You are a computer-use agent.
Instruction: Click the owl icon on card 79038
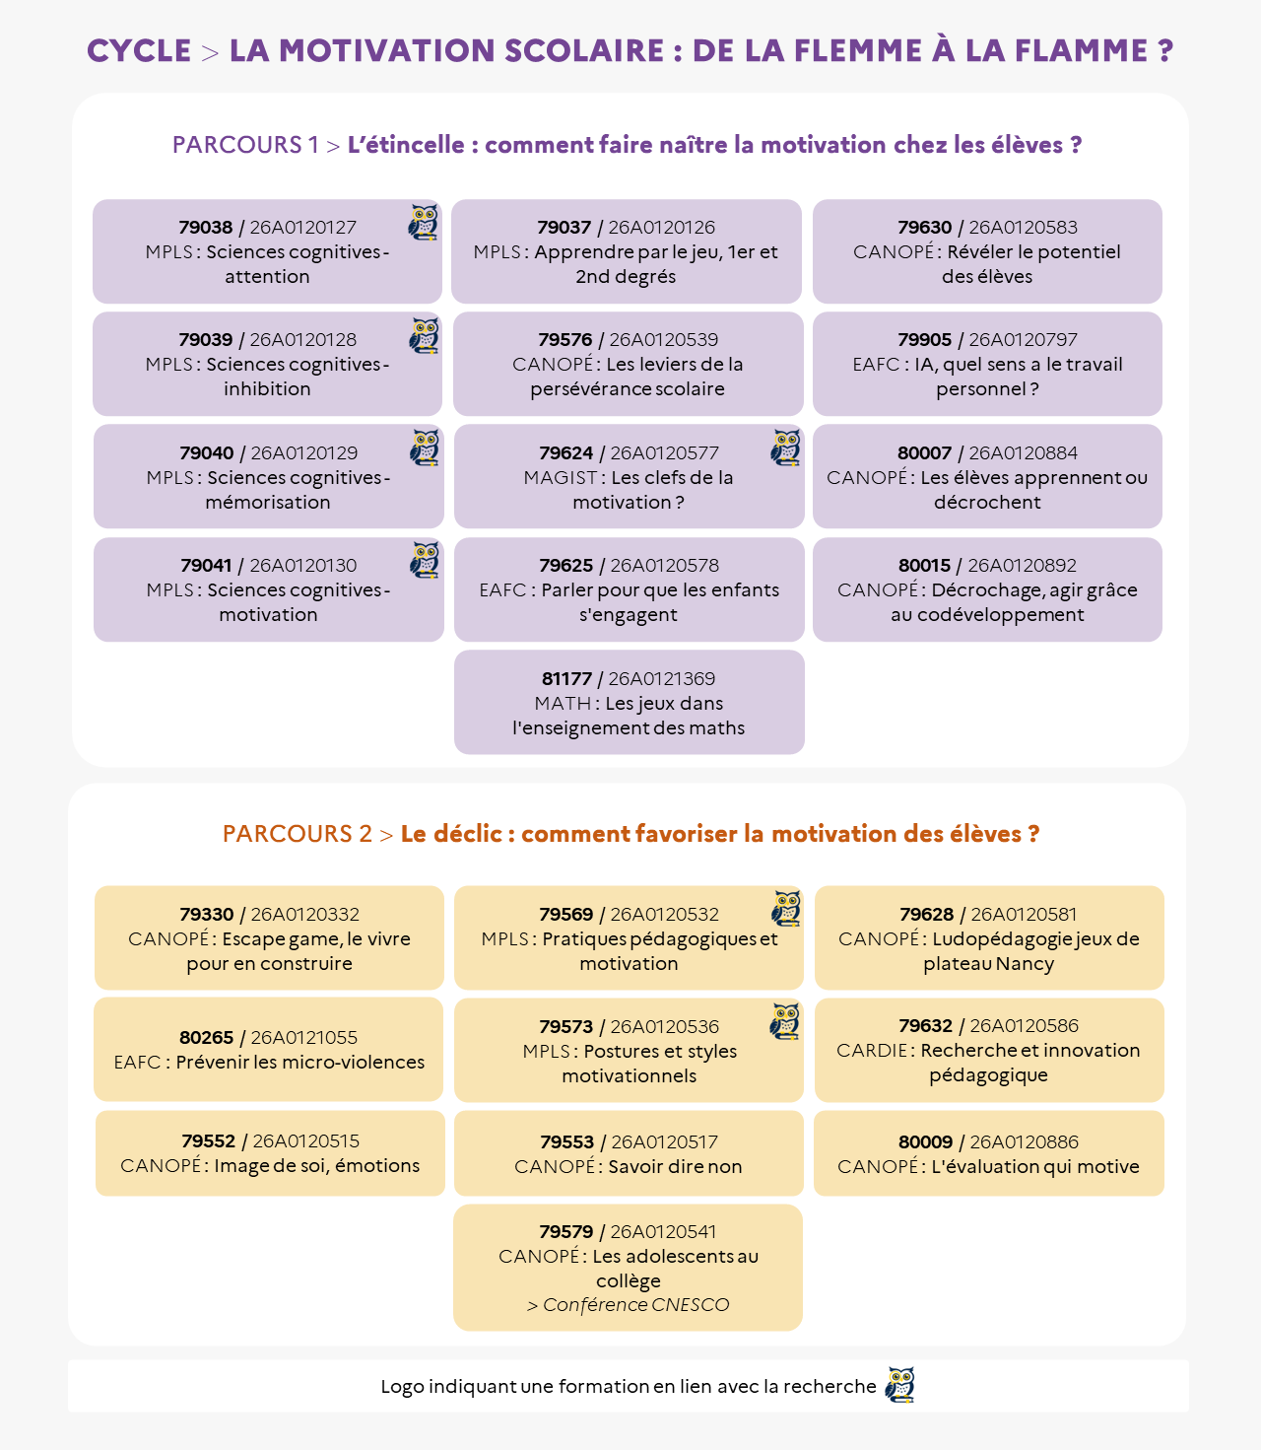(x=424, y=223)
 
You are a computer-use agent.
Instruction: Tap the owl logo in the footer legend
(x=899, y=1384)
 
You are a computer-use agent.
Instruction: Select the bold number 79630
(x=925, y=228)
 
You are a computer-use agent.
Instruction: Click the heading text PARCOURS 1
(x=245, y=145)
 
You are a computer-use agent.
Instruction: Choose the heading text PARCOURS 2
(x=297, y=834)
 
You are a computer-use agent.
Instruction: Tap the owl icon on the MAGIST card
(x=786, y=448)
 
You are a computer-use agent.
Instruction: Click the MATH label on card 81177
(x=563, y=704)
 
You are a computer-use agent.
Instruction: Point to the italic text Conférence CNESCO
(x=635, y=1305)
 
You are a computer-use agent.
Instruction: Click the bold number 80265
(x=206, y=1038)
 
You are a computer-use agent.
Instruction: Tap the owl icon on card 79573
(x=785, y=1021)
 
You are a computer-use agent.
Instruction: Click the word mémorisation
(x=268, y=503)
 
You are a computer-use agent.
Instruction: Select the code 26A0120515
(x=305, y=1141)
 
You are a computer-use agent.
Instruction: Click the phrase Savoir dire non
(x=674, y=1166)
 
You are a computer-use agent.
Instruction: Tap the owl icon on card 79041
(x=425, y=560)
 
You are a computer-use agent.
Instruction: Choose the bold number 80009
(x=925, y=1141)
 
